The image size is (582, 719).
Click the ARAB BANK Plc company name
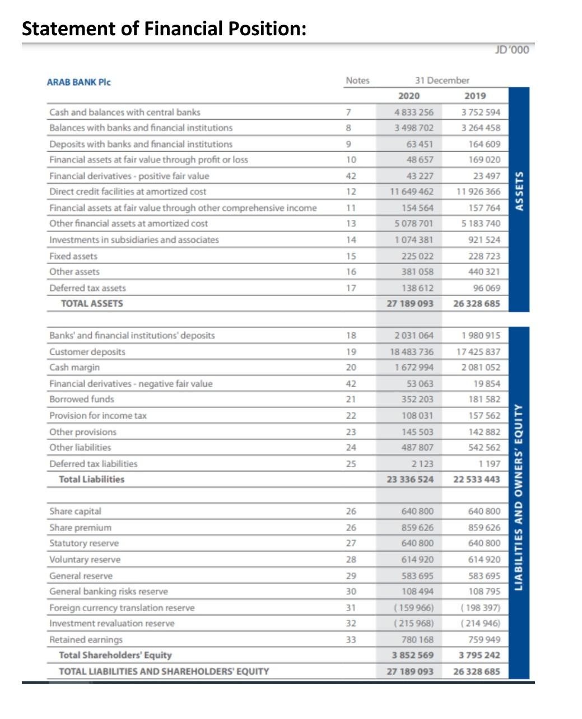(78, 82)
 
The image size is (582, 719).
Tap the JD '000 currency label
(511, 50)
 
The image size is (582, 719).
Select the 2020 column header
(409, 96)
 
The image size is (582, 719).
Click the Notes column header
(357, 81)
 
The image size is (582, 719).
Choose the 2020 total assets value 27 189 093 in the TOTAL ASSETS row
(410, 304)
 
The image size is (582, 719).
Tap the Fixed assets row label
(73, 256)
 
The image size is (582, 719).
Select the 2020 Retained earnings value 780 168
(417, 640)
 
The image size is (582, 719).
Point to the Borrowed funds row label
(82, 400)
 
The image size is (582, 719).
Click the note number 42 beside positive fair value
(351, 176)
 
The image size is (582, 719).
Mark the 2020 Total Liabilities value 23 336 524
(410, 480)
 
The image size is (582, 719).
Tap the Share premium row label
(81, 528)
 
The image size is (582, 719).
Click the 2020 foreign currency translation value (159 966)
(413, 608)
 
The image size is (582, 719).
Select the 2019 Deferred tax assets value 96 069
(486, 288)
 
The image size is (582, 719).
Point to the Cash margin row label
(75, 368)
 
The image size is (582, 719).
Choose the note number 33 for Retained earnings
(351, 640)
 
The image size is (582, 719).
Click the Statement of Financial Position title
(164, 28)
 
